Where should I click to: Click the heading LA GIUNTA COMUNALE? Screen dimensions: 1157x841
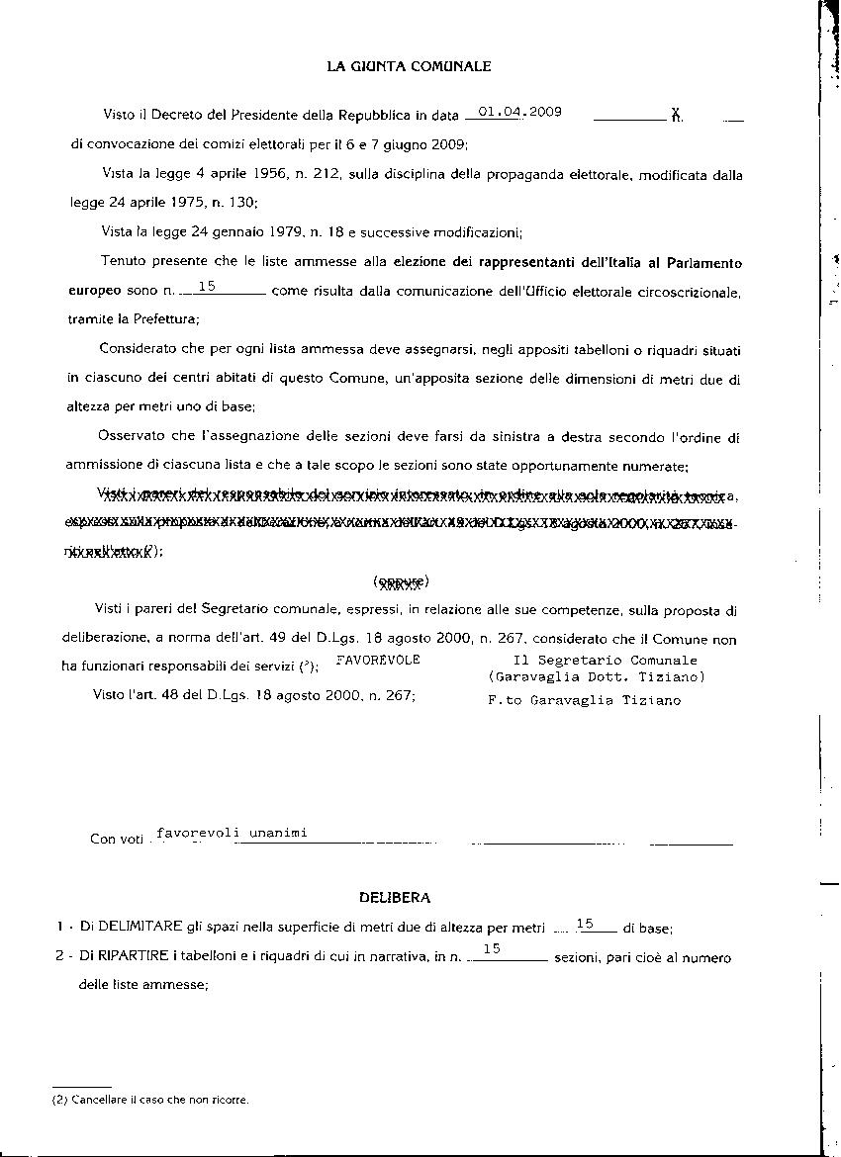pyautogui.click(x=409, y=67)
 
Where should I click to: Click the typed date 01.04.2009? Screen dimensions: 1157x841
pyautogui.click(x=519, y=112)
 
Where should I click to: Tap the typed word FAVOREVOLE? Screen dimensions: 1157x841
pyautogui.click(x=378, y=660)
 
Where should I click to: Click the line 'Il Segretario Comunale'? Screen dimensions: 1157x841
pyautogui.click(x=605, y=660)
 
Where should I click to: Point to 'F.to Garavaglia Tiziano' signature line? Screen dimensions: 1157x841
pyautogui.click(x=584, y=700)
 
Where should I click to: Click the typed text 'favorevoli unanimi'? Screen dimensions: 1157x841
pyautogui.click(x=232, y=833)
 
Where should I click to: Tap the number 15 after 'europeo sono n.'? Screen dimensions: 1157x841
pyautogui.click(x=208, y=287)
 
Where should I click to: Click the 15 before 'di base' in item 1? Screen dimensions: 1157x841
pyautogui.click(x=585, y=924)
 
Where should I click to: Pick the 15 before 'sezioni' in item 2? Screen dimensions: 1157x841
pyautogui.click(x=492, y=949)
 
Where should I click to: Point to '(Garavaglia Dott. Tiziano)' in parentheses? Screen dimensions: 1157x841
pyautogui.click(x=596, y=677)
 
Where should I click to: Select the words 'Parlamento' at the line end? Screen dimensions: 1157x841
pyautogui.click(x=706, y=263)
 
